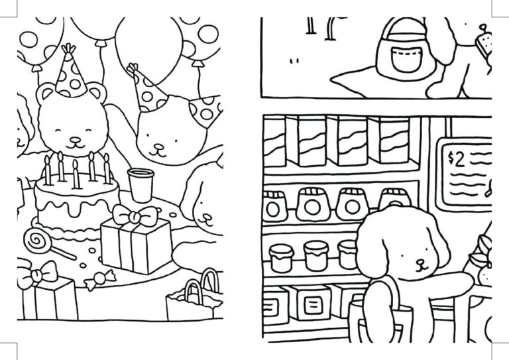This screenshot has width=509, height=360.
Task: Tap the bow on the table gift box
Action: pos(136,216)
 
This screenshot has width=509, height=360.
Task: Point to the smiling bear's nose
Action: pos(75,140)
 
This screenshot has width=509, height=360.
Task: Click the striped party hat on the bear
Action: pos(70,75)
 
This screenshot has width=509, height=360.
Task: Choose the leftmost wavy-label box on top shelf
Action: pos(275,141)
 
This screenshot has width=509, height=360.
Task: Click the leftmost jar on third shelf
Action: pos(282,257)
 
